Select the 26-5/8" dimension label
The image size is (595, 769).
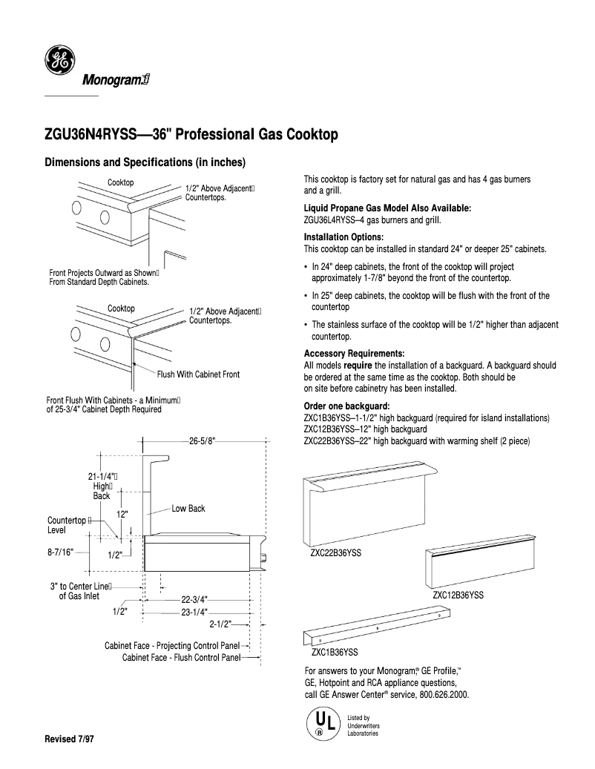202,440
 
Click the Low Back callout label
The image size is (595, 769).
188,509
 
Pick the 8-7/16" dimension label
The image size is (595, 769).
62,552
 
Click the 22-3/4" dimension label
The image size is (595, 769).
195,599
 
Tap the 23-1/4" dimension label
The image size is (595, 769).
195,612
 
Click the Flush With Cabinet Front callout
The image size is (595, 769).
198,374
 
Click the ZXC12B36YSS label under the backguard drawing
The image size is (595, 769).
458,595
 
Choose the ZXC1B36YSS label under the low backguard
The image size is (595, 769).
335,653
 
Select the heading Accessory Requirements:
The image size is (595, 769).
354,353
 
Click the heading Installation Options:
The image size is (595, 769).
342,237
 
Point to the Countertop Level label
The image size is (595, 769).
68,525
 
